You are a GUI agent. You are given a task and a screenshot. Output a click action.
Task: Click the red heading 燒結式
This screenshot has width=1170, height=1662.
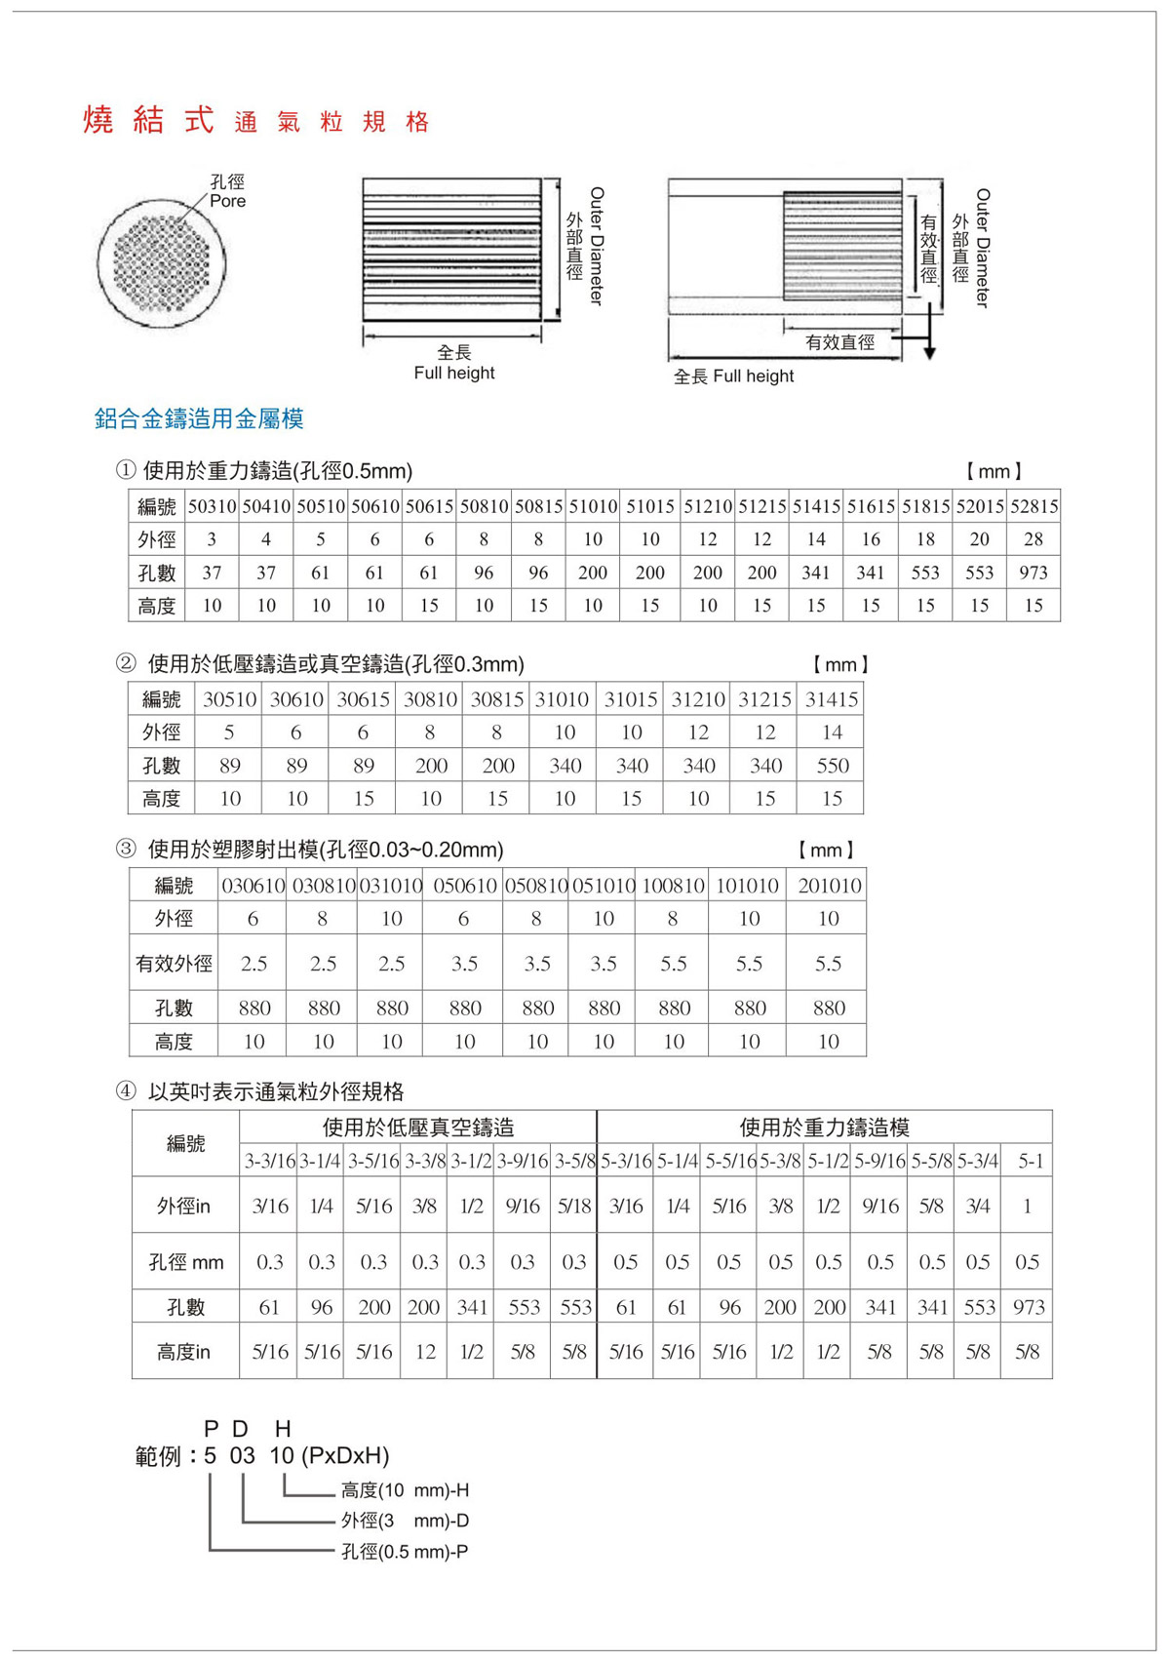coord(148,120)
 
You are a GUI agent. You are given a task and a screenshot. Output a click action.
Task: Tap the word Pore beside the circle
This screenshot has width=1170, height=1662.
coord(227,201)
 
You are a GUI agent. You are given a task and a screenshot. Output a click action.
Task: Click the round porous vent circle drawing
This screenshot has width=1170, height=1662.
coord(162,263)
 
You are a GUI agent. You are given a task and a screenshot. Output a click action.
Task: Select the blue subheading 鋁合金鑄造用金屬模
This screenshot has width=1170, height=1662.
coord(199,419)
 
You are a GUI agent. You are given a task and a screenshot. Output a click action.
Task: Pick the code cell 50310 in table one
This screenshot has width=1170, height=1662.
coord(212,506)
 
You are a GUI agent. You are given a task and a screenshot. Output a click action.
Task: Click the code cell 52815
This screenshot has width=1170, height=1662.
coord(1033,506)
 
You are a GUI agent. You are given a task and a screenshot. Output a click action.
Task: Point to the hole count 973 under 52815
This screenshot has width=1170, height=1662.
coord(1033,573)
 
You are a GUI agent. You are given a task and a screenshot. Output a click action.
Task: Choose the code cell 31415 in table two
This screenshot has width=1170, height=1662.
coord(832,699)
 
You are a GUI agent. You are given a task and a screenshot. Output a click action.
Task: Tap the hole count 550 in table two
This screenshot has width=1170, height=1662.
coord(833,766)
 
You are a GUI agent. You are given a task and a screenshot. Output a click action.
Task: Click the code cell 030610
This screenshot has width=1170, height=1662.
coord(253,886)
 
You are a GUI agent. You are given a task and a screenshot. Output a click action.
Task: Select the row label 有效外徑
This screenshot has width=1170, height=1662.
coord(174,964)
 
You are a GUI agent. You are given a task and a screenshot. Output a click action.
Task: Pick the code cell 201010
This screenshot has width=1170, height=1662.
coord(829,886)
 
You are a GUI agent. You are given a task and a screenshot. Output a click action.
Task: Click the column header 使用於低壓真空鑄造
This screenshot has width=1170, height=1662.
coord(418,1128)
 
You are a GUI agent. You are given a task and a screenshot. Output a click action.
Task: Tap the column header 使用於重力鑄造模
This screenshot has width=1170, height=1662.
coord(824,1128)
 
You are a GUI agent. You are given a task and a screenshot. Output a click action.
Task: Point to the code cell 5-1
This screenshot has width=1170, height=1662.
coord(1031,1161)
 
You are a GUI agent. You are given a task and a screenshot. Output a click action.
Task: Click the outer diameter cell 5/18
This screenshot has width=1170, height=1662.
coord(574,1207)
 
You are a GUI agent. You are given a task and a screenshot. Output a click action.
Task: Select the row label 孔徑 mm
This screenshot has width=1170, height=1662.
coord(185,1262)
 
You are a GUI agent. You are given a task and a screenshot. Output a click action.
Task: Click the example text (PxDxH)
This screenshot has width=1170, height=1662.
coord(345,1456)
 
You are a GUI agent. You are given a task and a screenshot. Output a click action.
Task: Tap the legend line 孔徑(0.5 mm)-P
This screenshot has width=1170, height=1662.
coord(405,1552)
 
